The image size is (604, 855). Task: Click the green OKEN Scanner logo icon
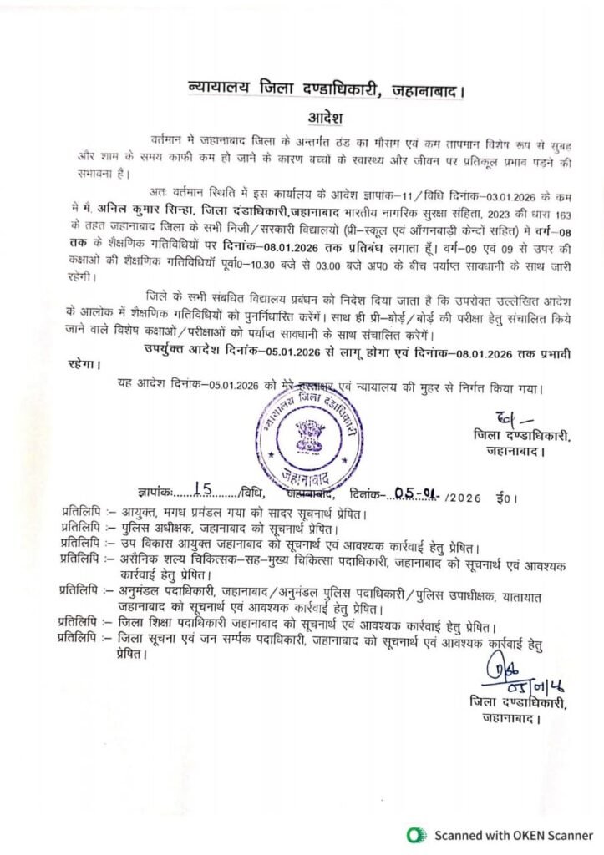414,833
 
